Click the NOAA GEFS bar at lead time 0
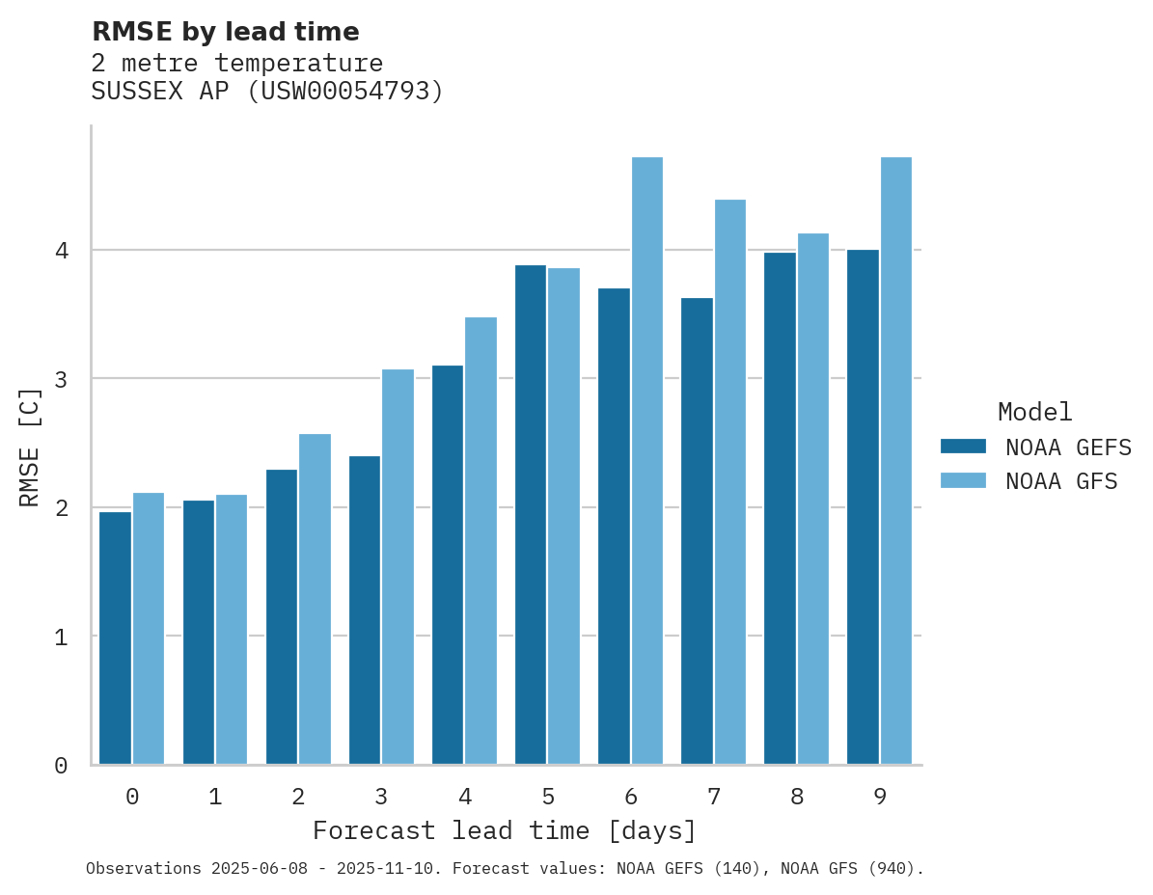click(116, 637)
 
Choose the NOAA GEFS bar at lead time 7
click(697, 530)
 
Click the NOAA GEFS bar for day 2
click(282, 616)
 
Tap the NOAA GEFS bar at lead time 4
click(448, 564)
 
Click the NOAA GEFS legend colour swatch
click(963, 447)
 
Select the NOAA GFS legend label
click(1061, 481)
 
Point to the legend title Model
click(1034, 413)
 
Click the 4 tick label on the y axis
click(61, 251)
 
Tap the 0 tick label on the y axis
click(61, 766)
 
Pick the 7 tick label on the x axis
click(714, 798)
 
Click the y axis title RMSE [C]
click(30, 446)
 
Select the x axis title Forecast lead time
click(504, 831)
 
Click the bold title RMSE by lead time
click(225, 32)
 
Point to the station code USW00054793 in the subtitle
click(345, 92)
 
